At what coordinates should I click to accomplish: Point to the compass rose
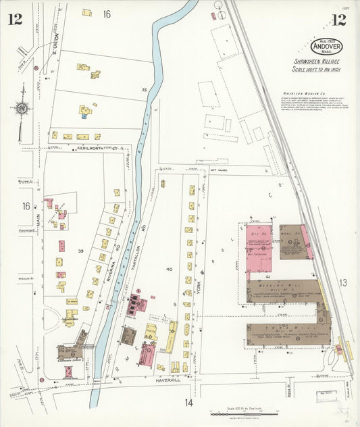click(23, 108)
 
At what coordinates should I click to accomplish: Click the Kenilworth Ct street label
click(92, 147)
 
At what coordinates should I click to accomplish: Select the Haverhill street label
click(158, 380)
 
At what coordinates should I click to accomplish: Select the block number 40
click(169, 269)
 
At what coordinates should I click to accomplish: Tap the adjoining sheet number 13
click(342, 282)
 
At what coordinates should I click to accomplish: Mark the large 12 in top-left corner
click(15, 19)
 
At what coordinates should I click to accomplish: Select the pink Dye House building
click(259, 247)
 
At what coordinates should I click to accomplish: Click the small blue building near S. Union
click(84, 116)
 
